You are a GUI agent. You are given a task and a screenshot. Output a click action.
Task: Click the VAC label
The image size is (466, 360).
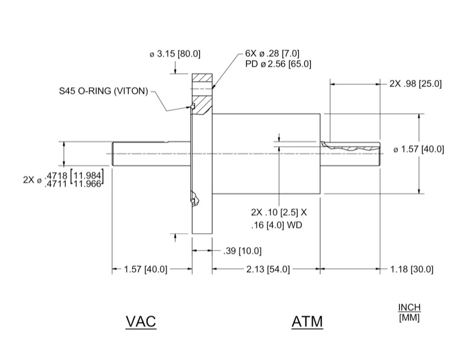pyautogui.click(x=141, y=322)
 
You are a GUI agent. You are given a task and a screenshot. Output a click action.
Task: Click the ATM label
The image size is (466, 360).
pyautogui.click(x=307, y=322)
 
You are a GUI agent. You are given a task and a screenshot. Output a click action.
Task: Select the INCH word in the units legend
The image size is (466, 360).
pyautogui.click(x=409, y=307)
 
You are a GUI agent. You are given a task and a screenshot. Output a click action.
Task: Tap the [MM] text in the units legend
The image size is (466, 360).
pyautogui.click(x=409, y=317)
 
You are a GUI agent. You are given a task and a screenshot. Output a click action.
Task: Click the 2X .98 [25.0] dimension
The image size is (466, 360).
pyautogui.click(x=416, y=84)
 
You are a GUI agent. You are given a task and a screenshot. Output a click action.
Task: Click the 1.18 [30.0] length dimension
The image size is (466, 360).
pyautogui.click(x=413, y=269)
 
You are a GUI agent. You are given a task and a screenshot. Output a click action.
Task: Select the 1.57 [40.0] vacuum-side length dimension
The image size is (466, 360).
pyautogui.click(x=145, y=269)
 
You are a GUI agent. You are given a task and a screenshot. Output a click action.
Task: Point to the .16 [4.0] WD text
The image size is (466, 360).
pyautogui.click(x=276, y=225)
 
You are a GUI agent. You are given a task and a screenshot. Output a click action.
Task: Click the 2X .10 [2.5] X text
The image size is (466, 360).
pyautogui.click(x=278, y=213)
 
